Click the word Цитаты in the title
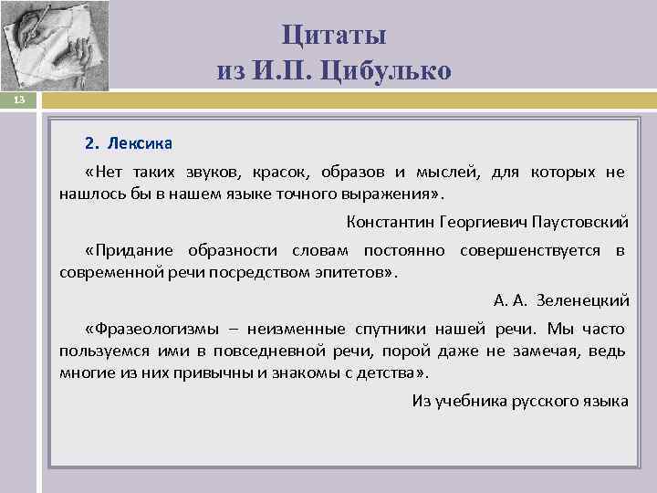tap(334, 36)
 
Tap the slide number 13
tap(19, 100)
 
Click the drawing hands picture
tap(55, 46)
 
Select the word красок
tap(279, 172)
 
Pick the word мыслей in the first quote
tap(448, 172)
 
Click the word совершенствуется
tap(530, 250)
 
